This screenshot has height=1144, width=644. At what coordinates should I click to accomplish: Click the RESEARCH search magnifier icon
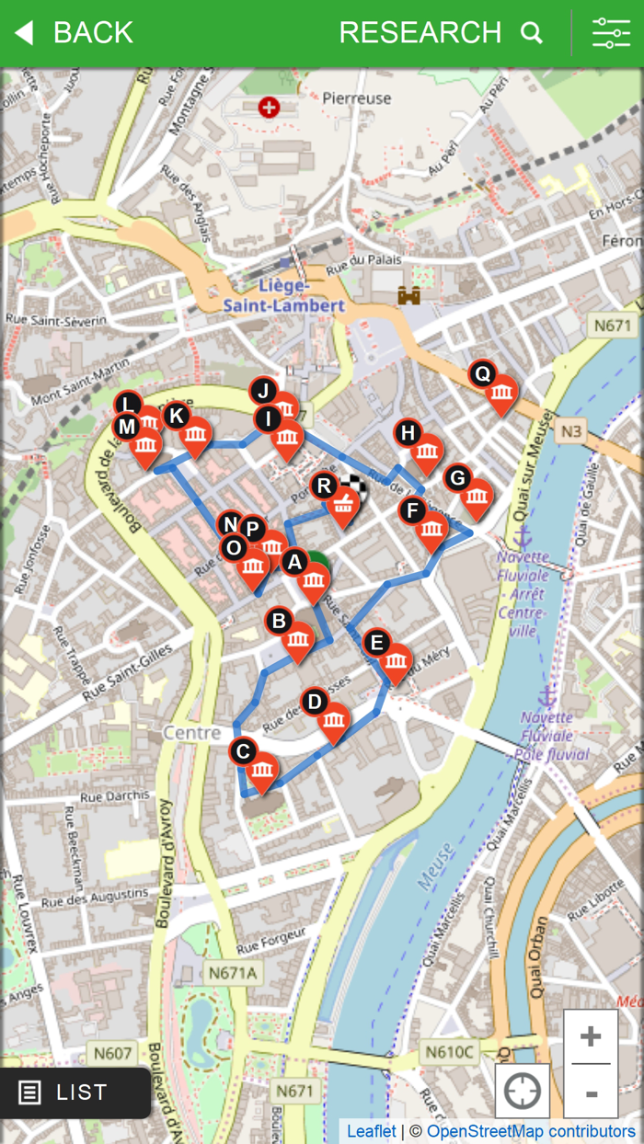coord(532,33)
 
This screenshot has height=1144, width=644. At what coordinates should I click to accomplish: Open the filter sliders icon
coord(611,33)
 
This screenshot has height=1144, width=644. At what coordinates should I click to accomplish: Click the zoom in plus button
coord(591,1036)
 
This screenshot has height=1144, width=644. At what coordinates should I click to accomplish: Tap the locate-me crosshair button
coord(523,1092)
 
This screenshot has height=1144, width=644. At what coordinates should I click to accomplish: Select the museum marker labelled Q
coord(501,394)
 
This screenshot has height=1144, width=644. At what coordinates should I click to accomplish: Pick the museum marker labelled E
coord(396,661)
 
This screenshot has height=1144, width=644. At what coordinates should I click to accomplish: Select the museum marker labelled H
coord(427,452)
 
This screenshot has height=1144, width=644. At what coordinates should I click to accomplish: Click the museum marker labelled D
coord(334,722)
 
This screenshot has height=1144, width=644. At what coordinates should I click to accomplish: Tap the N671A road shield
coord(232,972)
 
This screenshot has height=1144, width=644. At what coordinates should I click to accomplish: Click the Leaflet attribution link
coord(372,1131)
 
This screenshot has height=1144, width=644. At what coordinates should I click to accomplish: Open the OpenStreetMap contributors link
coord(531,1131)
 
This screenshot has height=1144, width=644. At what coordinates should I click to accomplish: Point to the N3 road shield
coord(570,430)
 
